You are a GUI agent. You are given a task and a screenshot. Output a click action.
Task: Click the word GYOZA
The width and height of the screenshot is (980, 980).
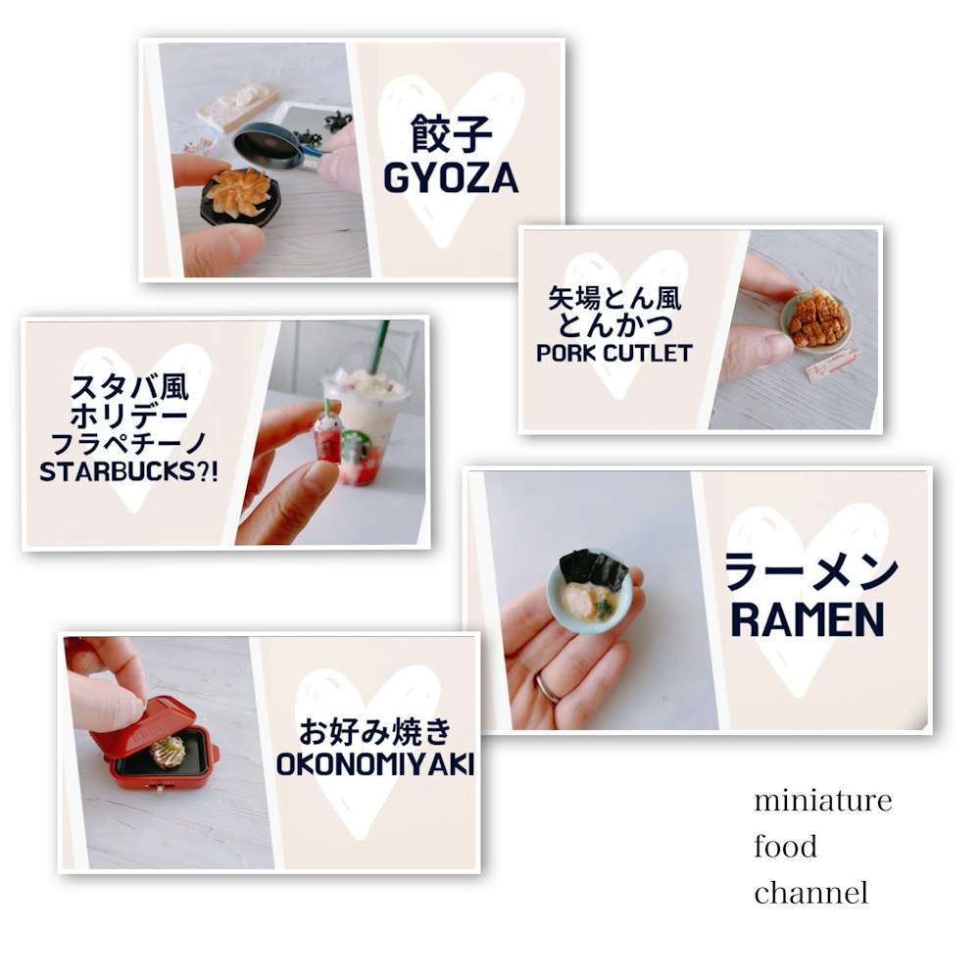coord(451,178)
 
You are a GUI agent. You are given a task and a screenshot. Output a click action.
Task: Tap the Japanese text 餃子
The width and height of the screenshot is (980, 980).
coord(451,133)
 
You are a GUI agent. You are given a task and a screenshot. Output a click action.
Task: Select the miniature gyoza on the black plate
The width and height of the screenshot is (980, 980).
coord(238,192)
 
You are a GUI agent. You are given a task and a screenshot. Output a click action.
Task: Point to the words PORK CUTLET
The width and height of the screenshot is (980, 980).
coord(614,353)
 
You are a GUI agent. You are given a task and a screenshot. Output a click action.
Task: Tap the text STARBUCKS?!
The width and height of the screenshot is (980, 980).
coord(128,471)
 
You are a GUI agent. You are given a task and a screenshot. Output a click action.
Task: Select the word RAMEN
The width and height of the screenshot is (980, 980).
coord(808,619)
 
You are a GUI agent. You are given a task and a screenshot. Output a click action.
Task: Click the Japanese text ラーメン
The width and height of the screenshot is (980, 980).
coord(810,572)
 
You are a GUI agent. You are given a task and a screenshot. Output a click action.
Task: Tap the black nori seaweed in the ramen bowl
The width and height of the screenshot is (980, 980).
coord(593,569)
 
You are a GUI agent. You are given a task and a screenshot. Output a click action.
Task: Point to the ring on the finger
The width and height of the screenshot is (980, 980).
coord(548,688)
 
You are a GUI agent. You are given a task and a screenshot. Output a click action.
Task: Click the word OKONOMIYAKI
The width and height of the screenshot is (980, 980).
coord(375,764)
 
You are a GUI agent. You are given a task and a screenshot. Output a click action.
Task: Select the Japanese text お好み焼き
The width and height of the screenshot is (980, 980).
coord(375,732)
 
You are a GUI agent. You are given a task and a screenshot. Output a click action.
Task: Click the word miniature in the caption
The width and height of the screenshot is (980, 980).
coord(823,801)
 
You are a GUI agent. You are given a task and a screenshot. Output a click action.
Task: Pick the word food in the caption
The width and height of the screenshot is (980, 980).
coord(785,847)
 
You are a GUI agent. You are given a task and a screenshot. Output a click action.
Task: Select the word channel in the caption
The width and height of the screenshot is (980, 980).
coord(811,893)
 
